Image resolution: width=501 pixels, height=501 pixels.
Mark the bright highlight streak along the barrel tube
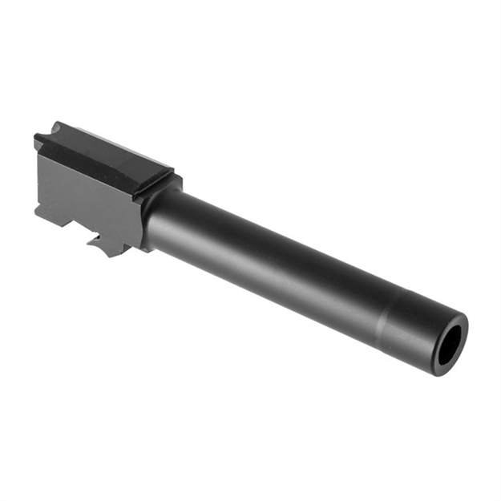point(265,240)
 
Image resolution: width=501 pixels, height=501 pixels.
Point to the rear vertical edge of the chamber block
point(37,180)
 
